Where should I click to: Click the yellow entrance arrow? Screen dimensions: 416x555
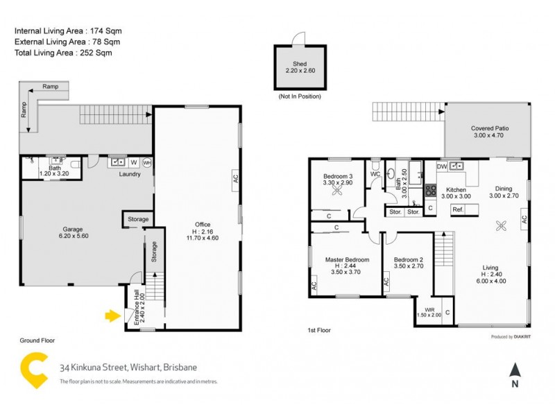110,316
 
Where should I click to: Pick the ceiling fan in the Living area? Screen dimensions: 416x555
501,224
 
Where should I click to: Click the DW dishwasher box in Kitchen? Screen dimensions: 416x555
441,166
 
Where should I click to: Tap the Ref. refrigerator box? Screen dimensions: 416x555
458,209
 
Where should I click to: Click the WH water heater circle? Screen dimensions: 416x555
147,163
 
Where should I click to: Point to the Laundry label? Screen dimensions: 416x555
130,174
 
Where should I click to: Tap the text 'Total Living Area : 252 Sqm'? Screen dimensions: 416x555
63,52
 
